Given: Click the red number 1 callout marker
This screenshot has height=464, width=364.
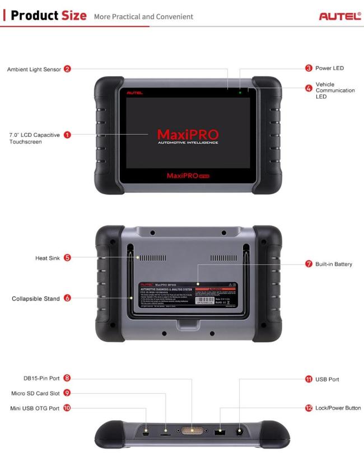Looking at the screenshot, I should (x=67, y=135).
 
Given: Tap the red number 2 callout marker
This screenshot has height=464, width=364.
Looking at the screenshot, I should (x=67, y=69).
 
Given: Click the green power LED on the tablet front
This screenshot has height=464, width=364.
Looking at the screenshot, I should (x=241, y=91).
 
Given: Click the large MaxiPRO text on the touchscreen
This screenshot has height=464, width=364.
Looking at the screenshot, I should (x=183, y=134).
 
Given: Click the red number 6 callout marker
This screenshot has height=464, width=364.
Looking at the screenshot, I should (x=67, y=298).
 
